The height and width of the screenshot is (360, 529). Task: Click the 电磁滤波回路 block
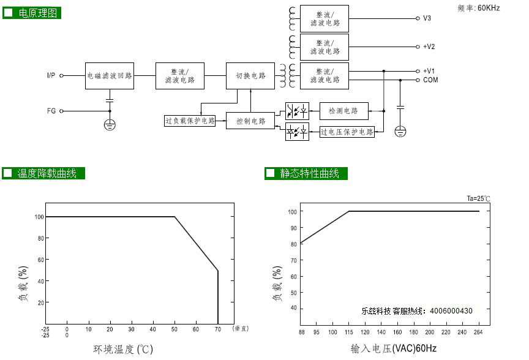point(110,76)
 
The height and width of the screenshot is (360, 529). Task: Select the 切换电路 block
point(250,76)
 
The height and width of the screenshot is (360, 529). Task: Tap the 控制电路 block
point(250,121)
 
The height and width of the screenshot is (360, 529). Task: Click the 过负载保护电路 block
point(190,121)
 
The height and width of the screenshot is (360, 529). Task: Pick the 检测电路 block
point(343,111)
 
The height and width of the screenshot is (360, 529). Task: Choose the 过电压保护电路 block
point(347,132)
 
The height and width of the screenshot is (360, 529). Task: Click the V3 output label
point(427,18)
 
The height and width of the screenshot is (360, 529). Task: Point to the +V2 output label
point(429,47)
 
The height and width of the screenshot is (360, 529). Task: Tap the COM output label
point(430,80)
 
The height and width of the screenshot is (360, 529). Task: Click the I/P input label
point(51,75)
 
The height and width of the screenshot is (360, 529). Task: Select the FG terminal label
point(51,111)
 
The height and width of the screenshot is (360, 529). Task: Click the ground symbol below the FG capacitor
point(110,125)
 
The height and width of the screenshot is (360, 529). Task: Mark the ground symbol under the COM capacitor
point(400,131)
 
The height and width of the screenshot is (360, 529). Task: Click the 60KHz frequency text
point(489,8)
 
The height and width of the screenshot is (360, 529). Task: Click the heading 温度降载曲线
point(47,173)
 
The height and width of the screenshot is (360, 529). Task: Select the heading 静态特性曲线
point(309,173)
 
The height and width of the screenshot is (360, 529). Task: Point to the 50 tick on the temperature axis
point(174,329)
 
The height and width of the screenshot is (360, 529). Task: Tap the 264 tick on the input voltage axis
point(478,332)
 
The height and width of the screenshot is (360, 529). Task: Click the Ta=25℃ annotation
point(478,198)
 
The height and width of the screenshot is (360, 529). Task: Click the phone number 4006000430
point(451,311)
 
